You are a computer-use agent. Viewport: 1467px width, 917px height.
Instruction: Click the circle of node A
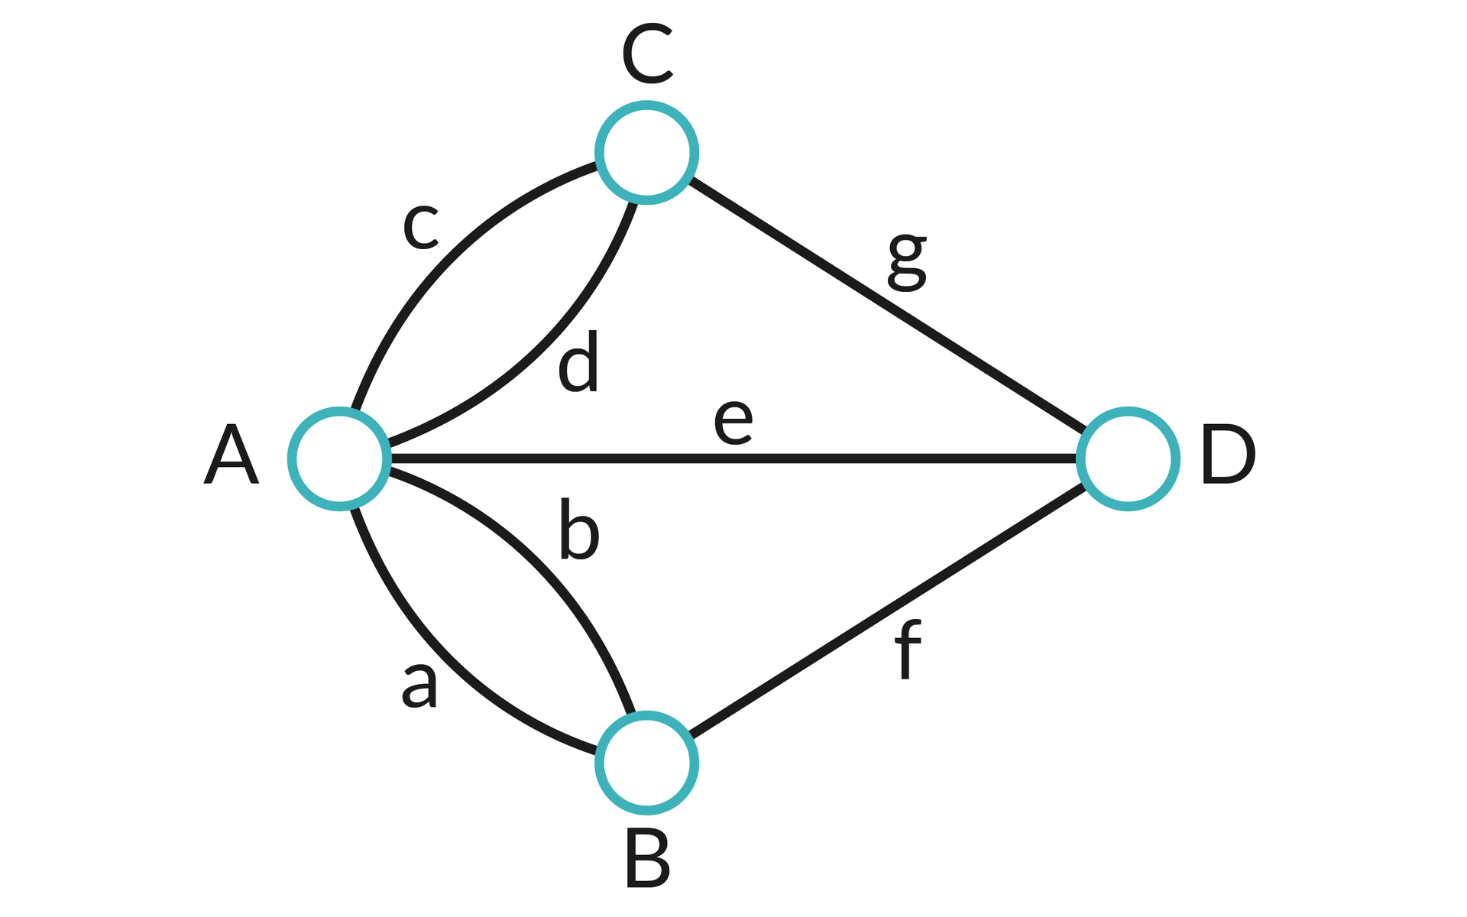(339, 458)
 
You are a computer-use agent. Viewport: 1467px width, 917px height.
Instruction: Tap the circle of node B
(646, 763)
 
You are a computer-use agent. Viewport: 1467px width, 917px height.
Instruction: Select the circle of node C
(646, 153)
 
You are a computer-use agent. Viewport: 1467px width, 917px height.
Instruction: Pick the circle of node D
(1128, 458)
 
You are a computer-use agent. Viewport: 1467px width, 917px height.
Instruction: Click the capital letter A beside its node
(231, 455)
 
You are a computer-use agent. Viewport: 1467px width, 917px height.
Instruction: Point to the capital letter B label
(647, 860)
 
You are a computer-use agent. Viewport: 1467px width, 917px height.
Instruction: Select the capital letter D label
(1227, 455)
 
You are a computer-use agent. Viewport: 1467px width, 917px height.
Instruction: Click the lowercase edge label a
(419, 685)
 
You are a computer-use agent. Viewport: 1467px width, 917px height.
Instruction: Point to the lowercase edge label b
(578, 529)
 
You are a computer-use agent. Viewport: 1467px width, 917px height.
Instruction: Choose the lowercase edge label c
(420, 227)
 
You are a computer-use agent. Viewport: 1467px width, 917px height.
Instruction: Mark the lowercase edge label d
(578, 362)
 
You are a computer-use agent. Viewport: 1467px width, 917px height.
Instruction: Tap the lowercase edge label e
(733, 423)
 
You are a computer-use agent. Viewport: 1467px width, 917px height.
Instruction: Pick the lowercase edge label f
(907, 650)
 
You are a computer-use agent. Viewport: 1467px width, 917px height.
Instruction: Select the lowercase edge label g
(907, 262)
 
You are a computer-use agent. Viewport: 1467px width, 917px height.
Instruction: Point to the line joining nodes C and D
(886, 306)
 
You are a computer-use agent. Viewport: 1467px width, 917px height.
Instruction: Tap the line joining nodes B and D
(886, 611)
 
